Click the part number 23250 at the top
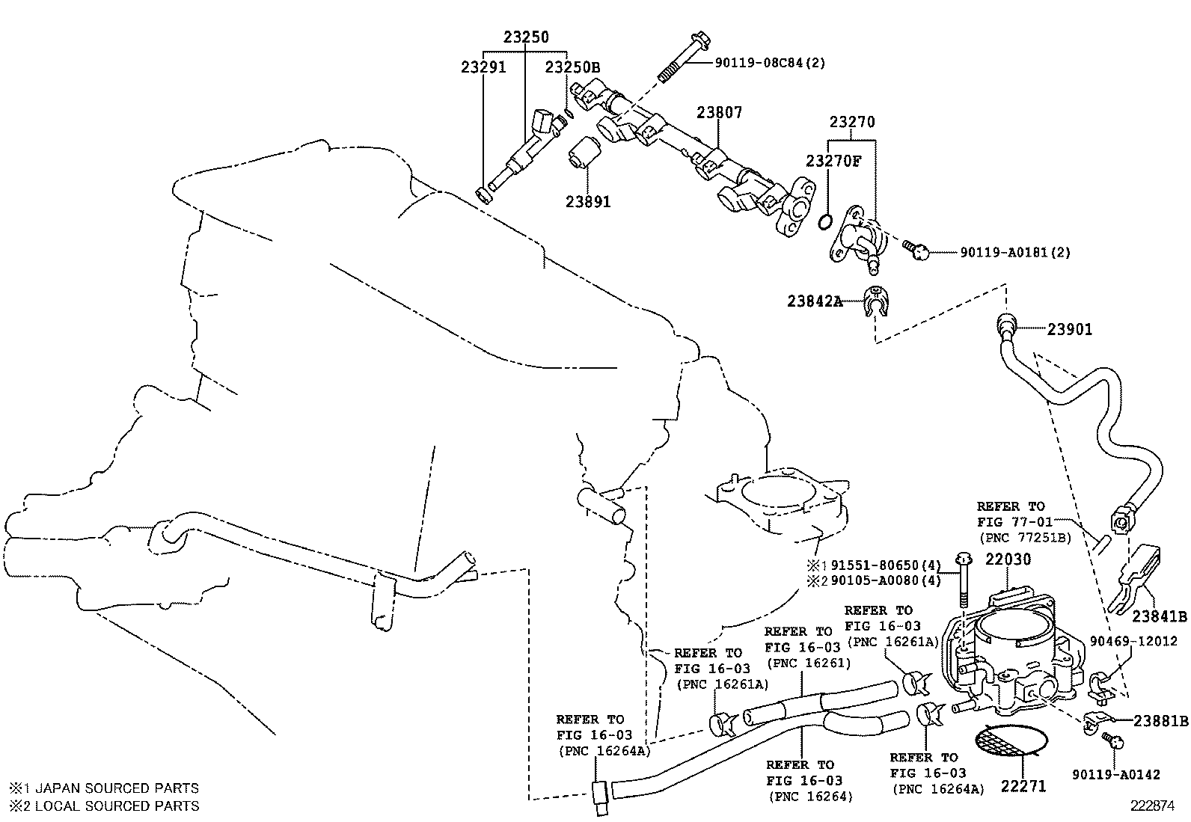click(526, 37)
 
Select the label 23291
click(483, 67)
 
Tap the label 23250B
click(572, 67)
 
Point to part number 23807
click(720, 112)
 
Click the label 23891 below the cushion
click(588, 202)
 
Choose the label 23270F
click(833, 161)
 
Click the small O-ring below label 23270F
click(824, 221)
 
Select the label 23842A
click(815, 301)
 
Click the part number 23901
click(1070, 330)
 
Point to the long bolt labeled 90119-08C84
click(685, 58)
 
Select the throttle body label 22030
click(1008, 559)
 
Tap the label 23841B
click(1159, 616)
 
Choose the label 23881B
click(1160, 721)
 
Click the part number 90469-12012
click(1133, 641)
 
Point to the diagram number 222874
click(1152, 806)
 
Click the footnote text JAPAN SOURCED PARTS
click(117, 788)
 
